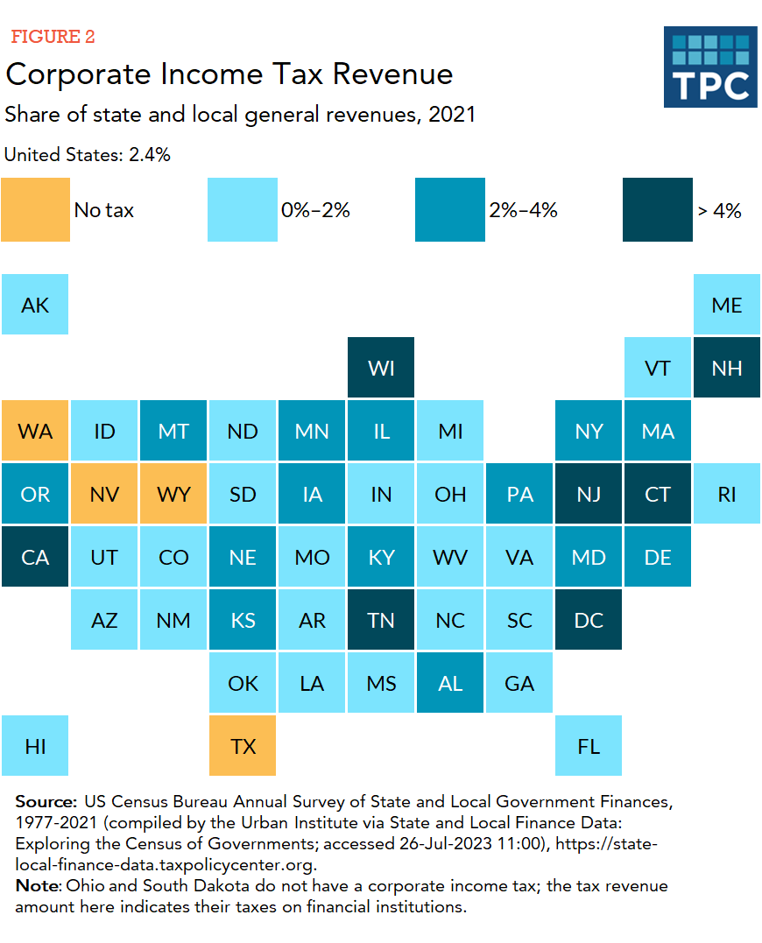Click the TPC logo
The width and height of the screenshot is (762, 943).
709,67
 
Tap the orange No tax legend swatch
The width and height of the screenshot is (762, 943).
35,209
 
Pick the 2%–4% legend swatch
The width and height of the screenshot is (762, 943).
449,209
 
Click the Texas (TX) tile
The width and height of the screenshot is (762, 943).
243,746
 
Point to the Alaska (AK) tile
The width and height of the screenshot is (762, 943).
35,305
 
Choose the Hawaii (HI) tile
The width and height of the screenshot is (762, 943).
35,746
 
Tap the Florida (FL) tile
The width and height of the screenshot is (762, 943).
589,746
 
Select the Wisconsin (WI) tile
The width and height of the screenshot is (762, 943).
381,368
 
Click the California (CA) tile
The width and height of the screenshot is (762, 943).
35,557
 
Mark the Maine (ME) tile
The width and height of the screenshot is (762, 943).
726,305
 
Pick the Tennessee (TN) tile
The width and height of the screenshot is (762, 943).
381,620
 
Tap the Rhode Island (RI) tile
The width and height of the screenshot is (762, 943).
726,494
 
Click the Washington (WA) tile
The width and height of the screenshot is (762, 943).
35,431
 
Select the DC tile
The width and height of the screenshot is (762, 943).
589,620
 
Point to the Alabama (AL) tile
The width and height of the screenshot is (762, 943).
450,683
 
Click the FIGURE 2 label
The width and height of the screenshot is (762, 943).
53,37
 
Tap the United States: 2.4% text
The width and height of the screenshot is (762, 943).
88,155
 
